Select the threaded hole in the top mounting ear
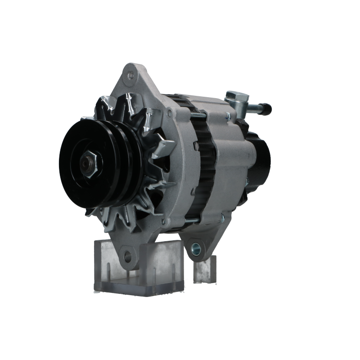pos(131,76)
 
